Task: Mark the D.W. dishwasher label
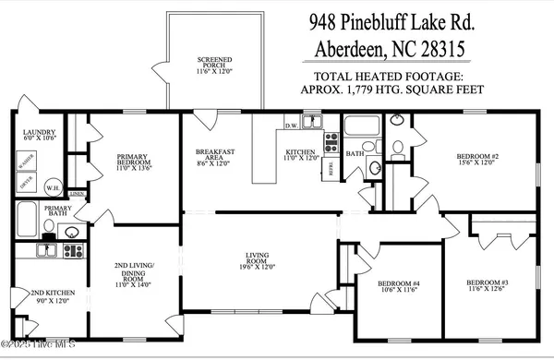coord(290,126)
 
